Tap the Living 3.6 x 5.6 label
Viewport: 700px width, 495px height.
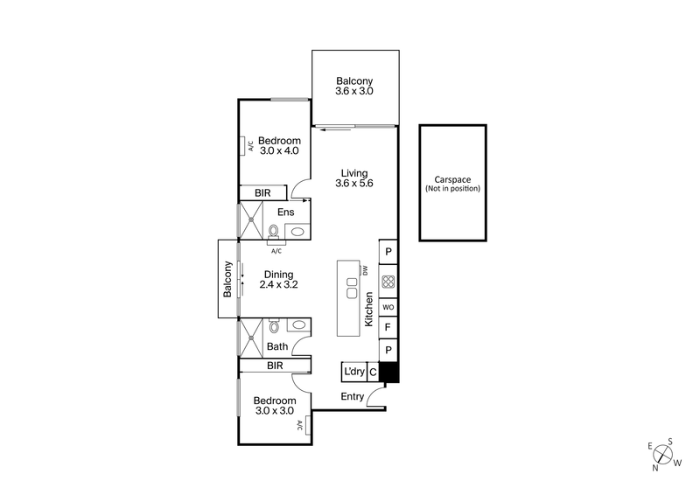[354, 178]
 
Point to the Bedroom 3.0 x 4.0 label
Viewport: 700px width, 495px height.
[279, 145]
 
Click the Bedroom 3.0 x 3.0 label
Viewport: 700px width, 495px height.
[274, 405]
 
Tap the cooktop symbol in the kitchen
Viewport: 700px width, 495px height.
[388, 282]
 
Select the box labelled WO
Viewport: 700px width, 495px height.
[388, 308]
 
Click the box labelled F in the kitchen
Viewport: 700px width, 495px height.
[388, 329]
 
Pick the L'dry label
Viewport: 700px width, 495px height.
[353, 373]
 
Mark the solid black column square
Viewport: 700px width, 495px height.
[389, 373]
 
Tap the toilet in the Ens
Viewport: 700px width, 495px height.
[274, 232]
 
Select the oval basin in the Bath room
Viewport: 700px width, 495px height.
[299, 325]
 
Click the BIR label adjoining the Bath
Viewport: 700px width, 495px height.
[275, 366]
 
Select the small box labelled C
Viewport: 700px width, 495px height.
[373, 373]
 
